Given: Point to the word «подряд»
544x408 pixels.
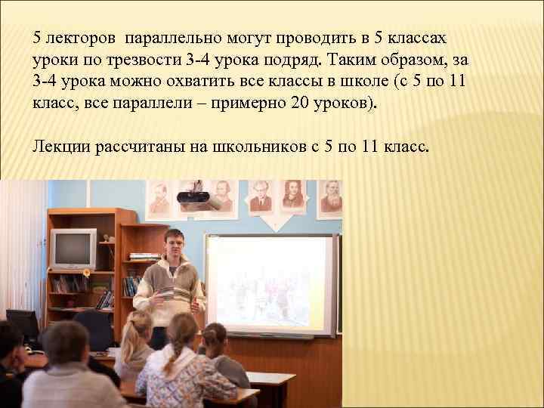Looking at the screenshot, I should coord(307,58).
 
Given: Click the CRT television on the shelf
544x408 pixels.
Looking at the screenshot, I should coord(73,249).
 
